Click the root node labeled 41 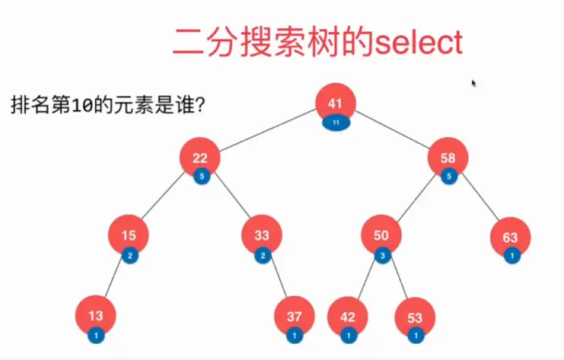point(336,103)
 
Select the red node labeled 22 point(200,158)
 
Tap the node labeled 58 point(448,158)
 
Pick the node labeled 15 point(128,235)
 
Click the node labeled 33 point(262,235)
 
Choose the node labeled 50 point(381,235)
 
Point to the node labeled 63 point(510,237)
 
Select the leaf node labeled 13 point(96,314)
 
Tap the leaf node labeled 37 point(295,314)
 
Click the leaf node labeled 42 point(347,314)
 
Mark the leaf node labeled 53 point(415,314)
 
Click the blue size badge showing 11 point(336,122)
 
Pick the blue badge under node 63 point(512,256)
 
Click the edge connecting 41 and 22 point(266,130)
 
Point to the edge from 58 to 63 point(481,199)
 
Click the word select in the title point(419,43)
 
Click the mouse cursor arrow point(474,84)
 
